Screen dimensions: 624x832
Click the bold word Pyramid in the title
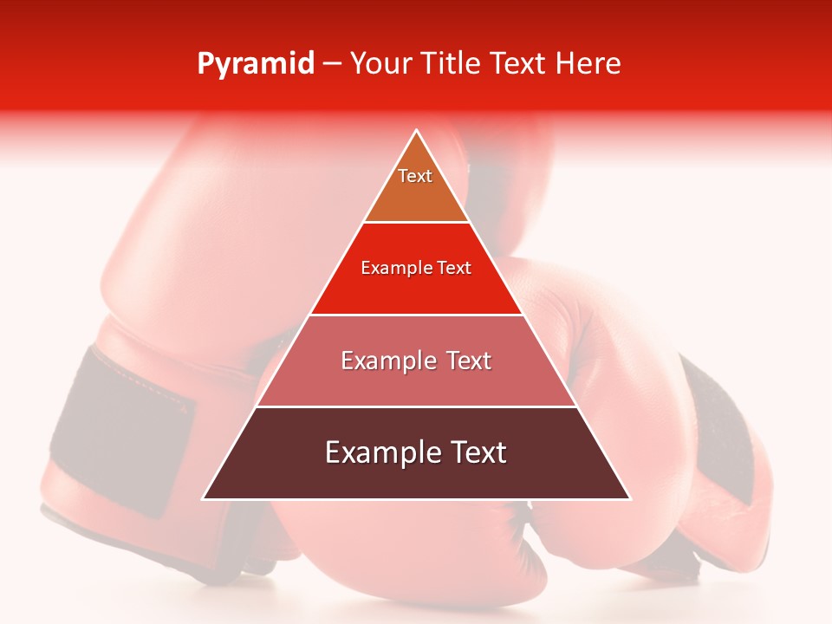(256, 64)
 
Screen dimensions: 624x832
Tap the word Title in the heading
(451, 64)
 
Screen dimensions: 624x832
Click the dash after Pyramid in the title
(332, 64)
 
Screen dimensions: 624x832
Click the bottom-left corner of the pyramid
(205, 498)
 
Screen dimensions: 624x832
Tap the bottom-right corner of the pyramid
(629, 498)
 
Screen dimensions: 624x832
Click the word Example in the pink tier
(387, 361)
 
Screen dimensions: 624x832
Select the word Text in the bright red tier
(454, 268)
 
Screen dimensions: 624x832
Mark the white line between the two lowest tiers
(416, 406)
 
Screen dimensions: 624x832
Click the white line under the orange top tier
(416, 223)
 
